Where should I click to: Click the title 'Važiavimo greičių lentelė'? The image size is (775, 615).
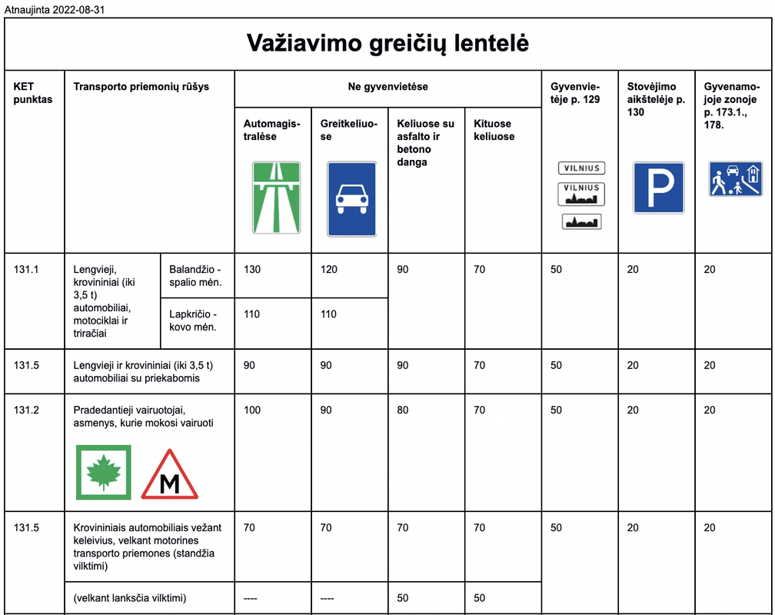(387, 43)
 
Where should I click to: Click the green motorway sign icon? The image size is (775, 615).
(277, 198)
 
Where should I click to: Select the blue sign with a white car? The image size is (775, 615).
(352, 198)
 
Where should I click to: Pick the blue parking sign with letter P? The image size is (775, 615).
(658, 188)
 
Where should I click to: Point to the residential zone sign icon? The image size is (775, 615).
(735, 179)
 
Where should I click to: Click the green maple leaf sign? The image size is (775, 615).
(104, 472)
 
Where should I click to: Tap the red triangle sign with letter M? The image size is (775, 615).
(170, 474)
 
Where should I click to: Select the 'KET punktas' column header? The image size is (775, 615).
(33, 93)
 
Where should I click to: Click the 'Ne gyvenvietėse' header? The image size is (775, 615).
(387, 87)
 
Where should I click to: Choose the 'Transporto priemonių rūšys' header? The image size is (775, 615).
(141, 87)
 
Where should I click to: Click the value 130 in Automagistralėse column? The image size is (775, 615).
(252, 270)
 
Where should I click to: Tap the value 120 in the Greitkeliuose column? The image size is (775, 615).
(329, 270)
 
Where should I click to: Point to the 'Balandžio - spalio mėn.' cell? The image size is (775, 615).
(195, 276)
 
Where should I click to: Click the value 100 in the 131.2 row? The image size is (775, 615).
(252, 411)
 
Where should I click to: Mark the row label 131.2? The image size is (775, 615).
(26, 411)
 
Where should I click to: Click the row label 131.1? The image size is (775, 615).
(26, 270)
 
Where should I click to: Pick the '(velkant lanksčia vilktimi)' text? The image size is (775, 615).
(130, 598)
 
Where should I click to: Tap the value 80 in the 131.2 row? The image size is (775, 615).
(403, 411)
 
